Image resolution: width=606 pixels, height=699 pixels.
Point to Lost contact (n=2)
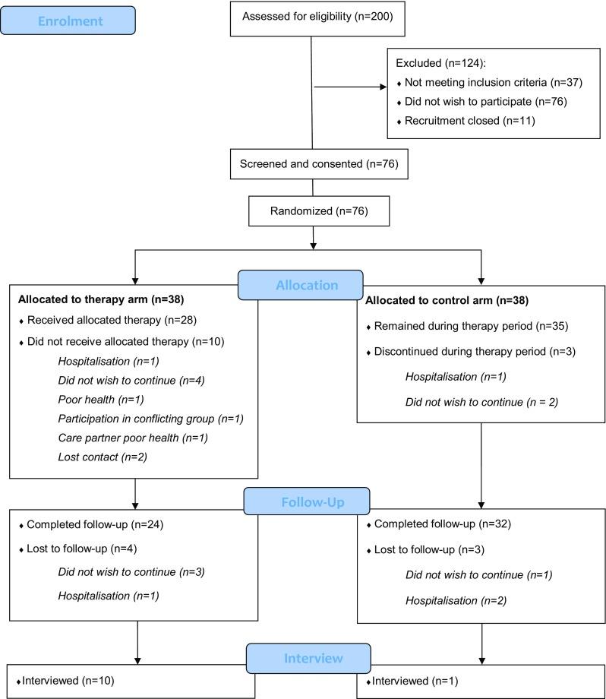(91, 457)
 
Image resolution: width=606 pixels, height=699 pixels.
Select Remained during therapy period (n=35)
(464, 326)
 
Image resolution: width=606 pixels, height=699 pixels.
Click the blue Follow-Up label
(306, 502)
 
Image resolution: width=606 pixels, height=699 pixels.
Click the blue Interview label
(308, 658)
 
